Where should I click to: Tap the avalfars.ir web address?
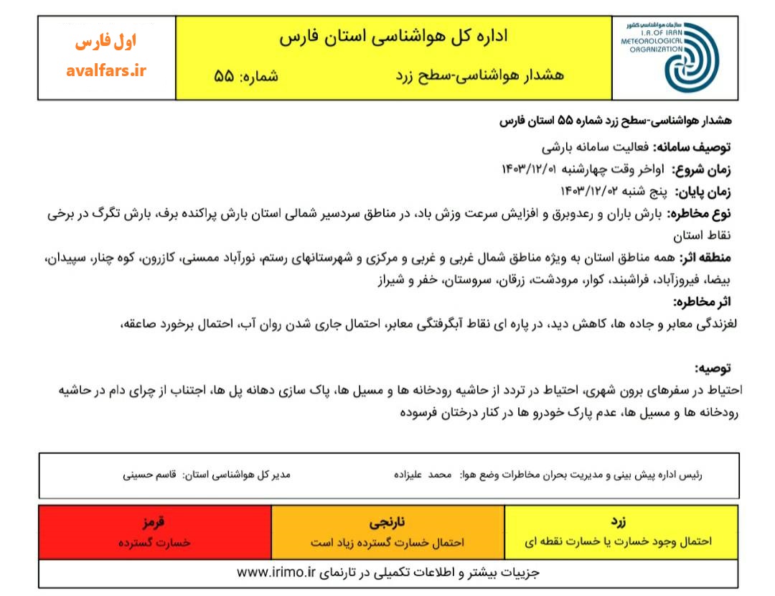click(105, 70)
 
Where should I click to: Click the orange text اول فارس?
click(105, 42)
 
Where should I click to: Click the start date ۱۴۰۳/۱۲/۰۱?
click(527, 169)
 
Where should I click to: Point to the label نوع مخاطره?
click(700, 213)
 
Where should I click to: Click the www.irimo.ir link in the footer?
click(276, 572)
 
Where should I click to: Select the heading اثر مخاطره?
click(702, 302)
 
